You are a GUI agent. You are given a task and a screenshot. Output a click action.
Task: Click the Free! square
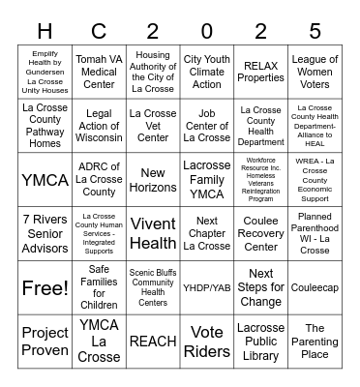(x=45, y=287)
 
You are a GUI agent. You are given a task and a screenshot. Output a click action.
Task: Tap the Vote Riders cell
(x=207, y=341)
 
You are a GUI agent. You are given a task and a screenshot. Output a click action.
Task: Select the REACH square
(x=153, y=341)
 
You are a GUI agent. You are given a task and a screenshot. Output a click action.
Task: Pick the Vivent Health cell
(x=153, y=233)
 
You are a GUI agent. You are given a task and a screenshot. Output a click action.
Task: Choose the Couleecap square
(x=315, y=287)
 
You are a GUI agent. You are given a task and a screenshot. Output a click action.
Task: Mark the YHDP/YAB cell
(x=207, y=287)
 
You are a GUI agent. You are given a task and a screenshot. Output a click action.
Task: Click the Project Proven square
(x=45, y=341)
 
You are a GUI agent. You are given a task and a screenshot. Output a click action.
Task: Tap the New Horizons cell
(x=153, y=180)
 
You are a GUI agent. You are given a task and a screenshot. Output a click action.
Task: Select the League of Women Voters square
(x=315, y=72)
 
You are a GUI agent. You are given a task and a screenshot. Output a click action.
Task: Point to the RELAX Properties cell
(x=260, y=72)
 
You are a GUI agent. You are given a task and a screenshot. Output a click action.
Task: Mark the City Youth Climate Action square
(x=207, y=72)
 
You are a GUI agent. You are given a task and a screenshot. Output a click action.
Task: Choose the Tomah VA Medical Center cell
(x=99, y=72)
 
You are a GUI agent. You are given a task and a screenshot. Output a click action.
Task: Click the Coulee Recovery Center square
(x=260, y=233)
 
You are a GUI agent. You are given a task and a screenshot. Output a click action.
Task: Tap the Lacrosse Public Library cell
(x=260, y=341)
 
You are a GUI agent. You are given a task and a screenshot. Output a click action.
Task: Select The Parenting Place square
(x=315, y=341)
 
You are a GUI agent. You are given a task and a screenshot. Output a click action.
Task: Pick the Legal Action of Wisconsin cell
(x=99, y=126)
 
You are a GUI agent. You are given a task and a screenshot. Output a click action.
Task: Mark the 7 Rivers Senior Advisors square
(x=45, y=233)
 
